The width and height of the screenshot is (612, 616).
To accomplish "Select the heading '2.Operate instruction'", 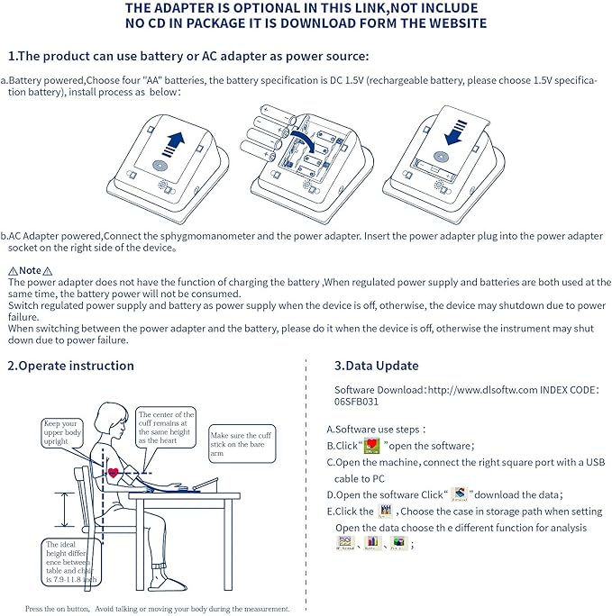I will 70,366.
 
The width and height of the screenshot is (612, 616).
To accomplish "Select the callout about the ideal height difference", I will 70,561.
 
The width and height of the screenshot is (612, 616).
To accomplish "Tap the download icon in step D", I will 461,494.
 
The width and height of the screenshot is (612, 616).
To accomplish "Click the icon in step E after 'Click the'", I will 388,511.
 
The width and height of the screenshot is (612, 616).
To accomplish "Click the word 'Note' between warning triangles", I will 30,270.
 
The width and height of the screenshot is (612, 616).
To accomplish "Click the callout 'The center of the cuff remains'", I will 166,427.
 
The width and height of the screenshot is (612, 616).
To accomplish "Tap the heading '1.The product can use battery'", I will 188,56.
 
